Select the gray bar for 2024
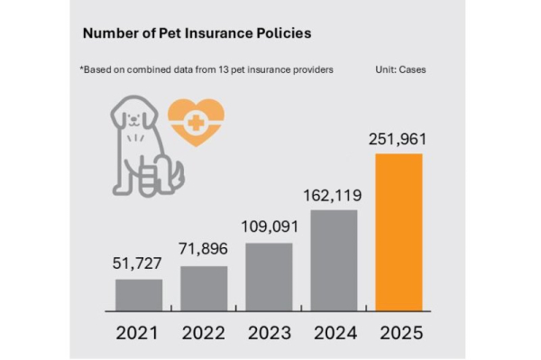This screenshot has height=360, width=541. [334, 259]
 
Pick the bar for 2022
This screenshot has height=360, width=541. [204, 287]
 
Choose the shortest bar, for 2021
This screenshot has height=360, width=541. [139, 293]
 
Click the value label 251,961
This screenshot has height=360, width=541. [398, 140]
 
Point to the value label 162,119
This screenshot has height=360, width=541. [334, 195]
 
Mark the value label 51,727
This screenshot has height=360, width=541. [139, 264]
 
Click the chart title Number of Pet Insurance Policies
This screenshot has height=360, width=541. [197, 33]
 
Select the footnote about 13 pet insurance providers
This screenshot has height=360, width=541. [206, 69]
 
